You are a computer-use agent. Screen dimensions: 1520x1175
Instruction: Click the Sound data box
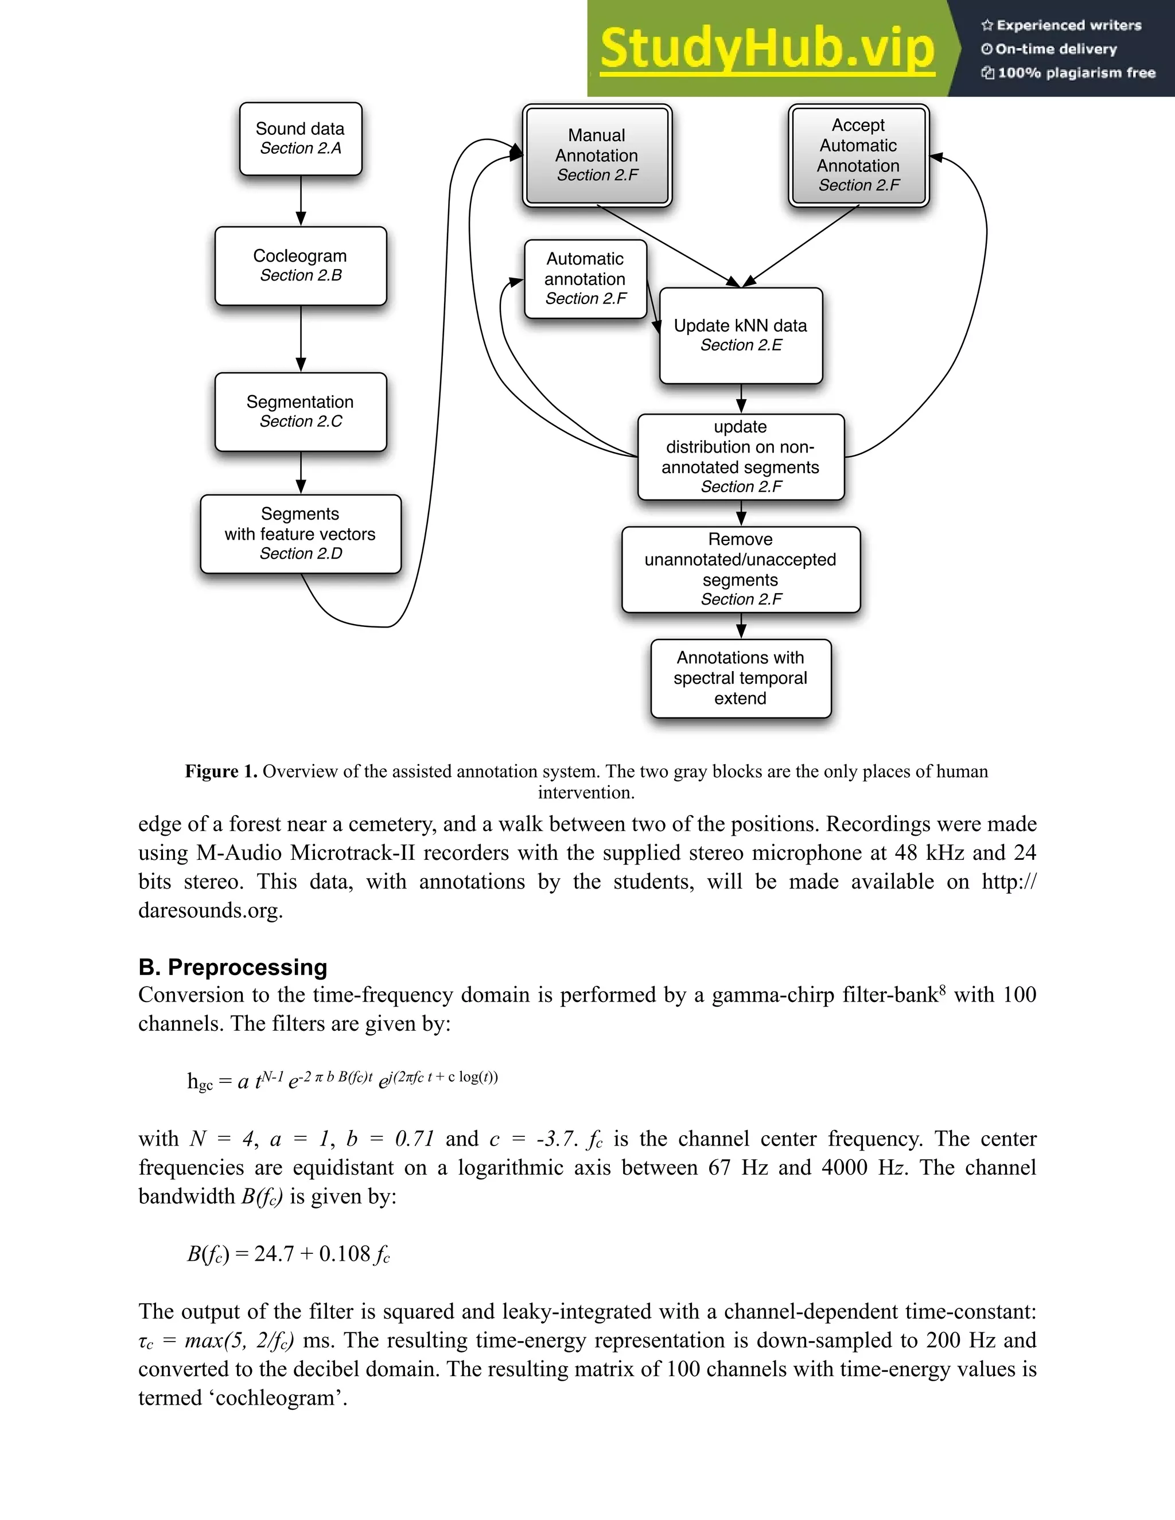[300, 138]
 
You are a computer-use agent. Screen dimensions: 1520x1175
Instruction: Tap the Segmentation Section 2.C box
[300, 411]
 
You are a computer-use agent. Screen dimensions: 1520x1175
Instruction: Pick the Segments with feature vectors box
[300, 534]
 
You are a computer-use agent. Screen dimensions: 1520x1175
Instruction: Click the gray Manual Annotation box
[597, 155]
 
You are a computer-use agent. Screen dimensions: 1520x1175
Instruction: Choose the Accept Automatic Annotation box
[858, 155]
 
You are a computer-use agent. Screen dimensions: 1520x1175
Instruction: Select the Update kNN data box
[741, 336]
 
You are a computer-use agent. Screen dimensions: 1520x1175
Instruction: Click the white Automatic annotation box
[585, 278]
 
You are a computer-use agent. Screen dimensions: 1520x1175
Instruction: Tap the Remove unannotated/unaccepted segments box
[741, 570]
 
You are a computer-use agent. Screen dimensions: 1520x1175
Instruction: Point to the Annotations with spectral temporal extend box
[741, 678]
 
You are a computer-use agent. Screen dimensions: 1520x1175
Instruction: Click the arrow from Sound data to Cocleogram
[301, 200]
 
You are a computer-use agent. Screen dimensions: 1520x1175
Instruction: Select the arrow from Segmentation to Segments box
[301, 473]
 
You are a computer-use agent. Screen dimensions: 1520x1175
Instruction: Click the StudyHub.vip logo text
[767, 49]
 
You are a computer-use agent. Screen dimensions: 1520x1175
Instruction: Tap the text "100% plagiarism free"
[1076, 73]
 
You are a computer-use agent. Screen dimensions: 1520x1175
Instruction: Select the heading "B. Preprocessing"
[232, 966]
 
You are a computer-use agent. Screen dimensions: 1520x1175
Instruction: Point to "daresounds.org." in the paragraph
[210, 910]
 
